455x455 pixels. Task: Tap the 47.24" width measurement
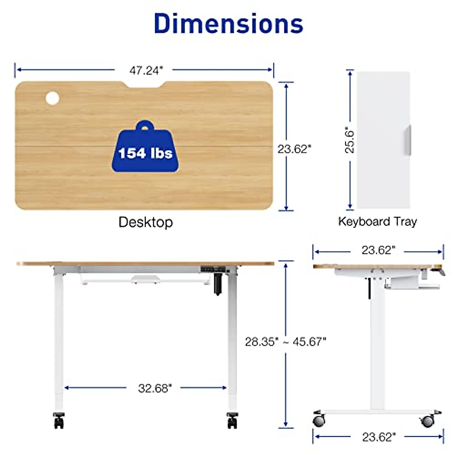click(x=146, y=71)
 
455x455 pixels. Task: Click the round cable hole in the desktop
click(x=52, y=98)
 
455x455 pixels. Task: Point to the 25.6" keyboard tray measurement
click(x=350, y=140)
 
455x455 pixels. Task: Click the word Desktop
click(x=146, y=222)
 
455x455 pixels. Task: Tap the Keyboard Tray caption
click(x=378, y=221)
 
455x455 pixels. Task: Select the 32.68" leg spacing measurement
click(x=155, y=388)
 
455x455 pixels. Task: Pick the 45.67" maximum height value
click(x=309, y=342)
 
